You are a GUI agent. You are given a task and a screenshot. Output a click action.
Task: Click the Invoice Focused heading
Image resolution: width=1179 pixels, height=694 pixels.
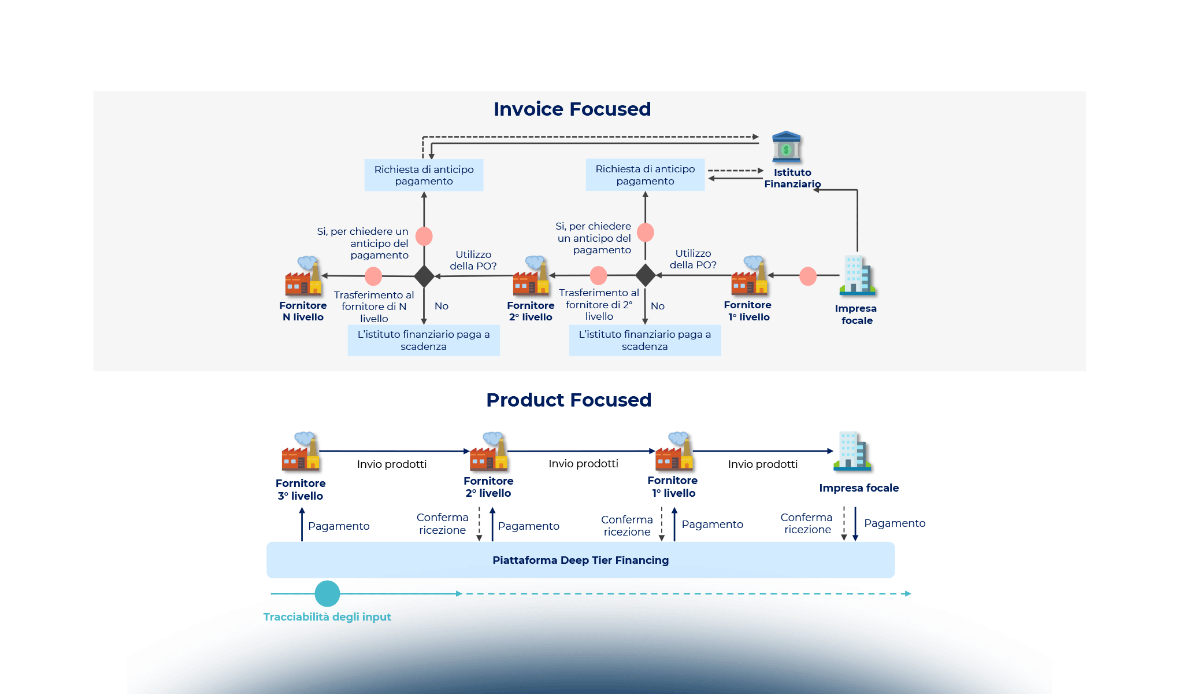572,109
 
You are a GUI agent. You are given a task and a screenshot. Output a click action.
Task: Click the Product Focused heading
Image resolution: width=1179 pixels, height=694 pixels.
569,400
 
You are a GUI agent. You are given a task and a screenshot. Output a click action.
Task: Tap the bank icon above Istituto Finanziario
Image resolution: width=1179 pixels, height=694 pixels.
786,147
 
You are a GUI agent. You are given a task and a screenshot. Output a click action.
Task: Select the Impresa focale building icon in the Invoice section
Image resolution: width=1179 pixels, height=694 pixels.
857,275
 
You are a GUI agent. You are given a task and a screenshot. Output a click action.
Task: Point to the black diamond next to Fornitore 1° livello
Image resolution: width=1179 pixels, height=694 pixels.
645,275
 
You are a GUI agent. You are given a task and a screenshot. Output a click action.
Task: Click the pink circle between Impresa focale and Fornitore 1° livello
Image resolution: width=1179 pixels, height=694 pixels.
807,276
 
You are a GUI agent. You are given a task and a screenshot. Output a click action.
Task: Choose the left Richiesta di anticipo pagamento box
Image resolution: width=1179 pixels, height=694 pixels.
424,175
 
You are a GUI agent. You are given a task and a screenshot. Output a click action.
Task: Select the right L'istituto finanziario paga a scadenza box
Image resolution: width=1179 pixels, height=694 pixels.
644,340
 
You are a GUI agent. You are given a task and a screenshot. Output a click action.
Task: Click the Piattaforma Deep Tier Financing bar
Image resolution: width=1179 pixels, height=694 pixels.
580,560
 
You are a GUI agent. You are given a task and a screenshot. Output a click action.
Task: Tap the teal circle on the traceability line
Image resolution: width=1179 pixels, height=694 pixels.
327,593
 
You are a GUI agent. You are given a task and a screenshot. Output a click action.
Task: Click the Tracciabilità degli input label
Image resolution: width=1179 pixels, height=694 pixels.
327,617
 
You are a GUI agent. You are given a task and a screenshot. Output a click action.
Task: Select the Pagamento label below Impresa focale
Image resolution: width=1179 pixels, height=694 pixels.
894,523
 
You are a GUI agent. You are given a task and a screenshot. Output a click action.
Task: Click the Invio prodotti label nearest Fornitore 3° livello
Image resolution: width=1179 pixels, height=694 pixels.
391,464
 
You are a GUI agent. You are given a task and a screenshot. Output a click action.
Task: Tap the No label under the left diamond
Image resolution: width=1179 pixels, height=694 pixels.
441,306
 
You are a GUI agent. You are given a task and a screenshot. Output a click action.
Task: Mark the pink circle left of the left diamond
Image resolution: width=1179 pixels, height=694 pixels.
373,276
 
